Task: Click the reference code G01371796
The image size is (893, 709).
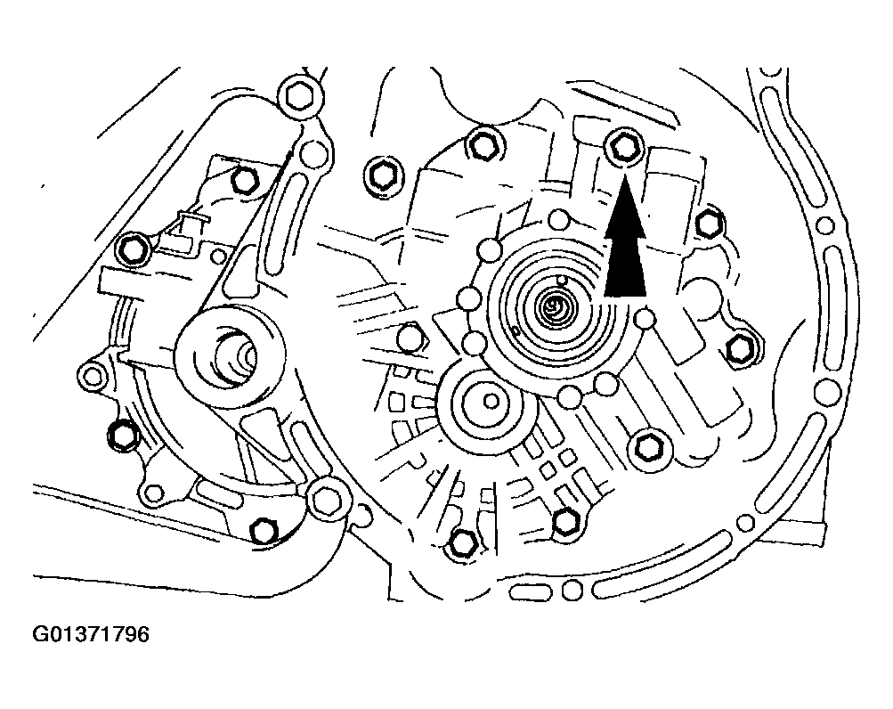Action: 91,635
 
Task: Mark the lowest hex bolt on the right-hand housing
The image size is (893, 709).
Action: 464,542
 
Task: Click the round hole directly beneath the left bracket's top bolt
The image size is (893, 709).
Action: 310,157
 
